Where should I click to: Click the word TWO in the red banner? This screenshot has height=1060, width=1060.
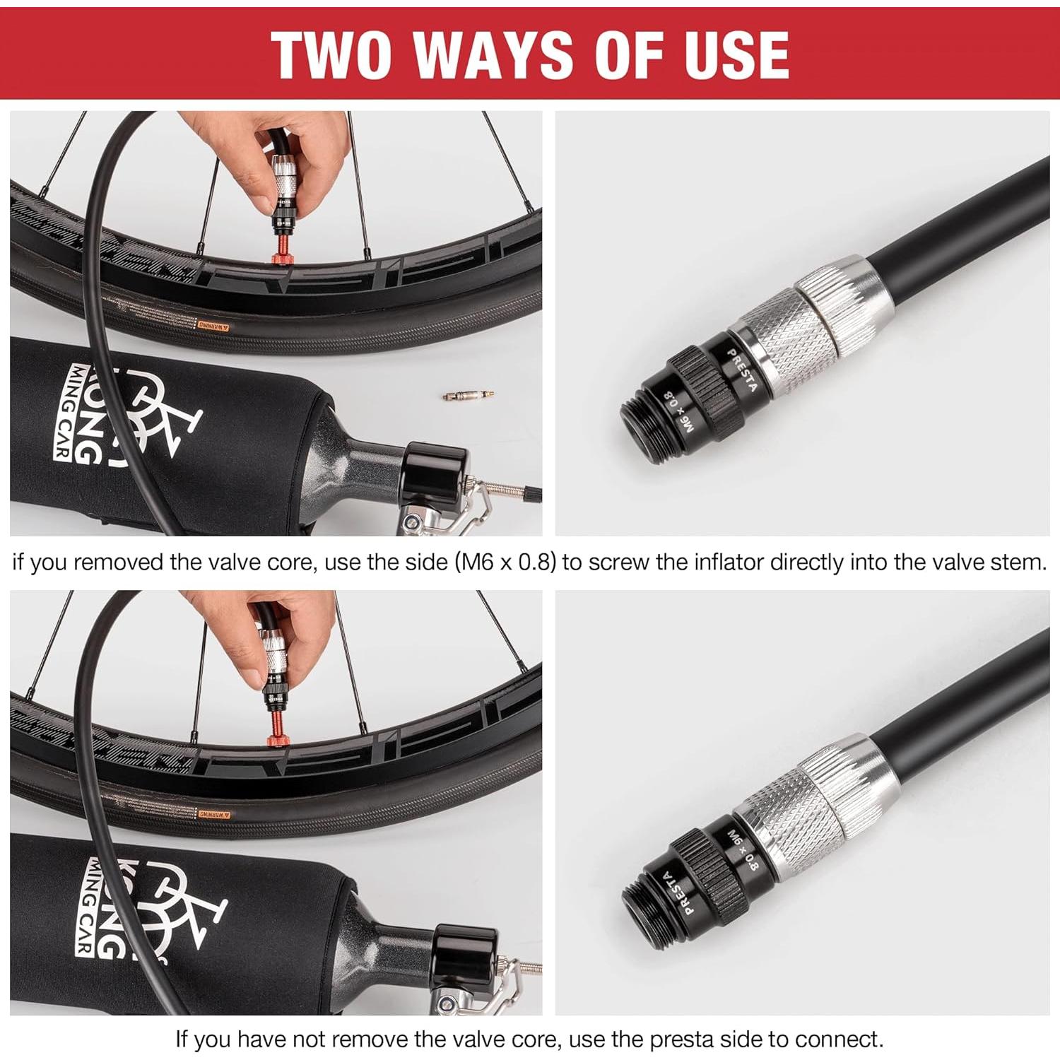(x=331, y=54)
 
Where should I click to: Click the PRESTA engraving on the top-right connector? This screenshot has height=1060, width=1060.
(x=742, y=370)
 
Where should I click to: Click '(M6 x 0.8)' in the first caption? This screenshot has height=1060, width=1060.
(x=505, y=563)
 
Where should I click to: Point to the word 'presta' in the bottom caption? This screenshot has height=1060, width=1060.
(x=681, y=1040)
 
